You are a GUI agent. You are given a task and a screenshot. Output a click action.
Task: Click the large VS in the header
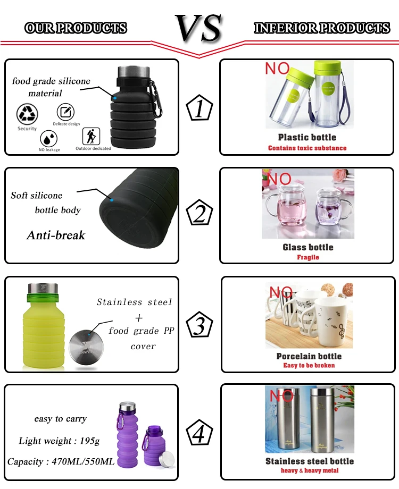click(x=199, y=28)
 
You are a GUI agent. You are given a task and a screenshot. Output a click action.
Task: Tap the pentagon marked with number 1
click(x=199, y=107)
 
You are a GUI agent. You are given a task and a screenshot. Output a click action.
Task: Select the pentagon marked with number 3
click(x=199, y=324)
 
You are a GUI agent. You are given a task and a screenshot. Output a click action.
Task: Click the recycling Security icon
click(x=27, y=114)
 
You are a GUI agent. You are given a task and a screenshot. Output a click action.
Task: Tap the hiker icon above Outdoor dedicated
click(x=91, y=136)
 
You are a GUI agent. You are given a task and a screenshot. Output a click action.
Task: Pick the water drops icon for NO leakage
click(x=49, y=139)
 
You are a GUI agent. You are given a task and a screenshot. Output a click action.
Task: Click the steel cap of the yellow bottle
click(x=43, y=288)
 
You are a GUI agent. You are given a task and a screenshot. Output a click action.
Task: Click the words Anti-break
click(x=56, y=235)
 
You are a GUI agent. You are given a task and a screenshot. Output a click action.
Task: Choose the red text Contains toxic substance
click(x=307, y=148)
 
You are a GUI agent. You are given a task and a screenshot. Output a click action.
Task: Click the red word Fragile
click(x=308, y=257)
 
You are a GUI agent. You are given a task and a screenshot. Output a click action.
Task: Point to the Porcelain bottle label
click(x=309, y=356)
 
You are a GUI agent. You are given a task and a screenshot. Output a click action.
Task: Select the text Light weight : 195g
click(x=60, y=441)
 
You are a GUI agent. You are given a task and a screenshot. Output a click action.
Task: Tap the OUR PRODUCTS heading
click(x=76, y=28)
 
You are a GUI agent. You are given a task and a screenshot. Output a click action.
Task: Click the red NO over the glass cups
click(x=279, y=179)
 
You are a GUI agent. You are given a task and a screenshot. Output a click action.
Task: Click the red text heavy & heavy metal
click(x=310, y=470)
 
